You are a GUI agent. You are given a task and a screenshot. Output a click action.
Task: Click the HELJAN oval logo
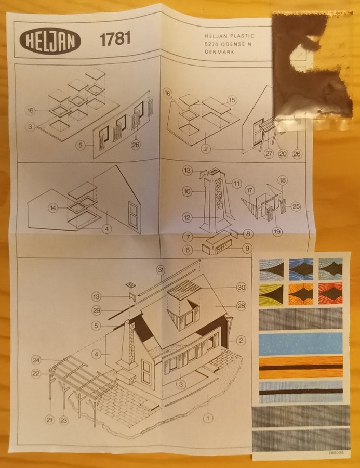click(x=50, y=40)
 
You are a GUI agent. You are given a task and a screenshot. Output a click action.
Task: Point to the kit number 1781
click(x=115, y=39)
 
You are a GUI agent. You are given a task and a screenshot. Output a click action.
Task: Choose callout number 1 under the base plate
click(x=208, y=418)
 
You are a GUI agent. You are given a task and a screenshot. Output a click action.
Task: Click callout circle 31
click(x=161, y=270)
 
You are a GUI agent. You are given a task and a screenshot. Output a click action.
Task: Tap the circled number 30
click(x=241, y=287)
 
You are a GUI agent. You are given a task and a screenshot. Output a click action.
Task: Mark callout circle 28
click(x=241, y=306)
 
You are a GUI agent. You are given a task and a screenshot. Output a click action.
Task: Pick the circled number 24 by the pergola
click(x=36, y=360)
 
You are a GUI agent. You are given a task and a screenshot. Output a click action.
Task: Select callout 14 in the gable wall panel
click(x=53, y=207)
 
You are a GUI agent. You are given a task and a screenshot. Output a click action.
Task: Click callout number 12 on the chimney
click(x=187, y=217)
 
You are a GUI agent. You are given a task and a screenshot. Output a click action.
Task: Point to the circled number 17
click(x=249, y=190)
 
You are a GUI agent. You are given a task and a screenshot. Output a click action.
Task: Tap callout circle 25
click(x=296, y=206)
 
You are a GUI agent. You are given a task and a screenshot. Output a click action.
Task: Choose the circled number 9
click(x=247, y=248)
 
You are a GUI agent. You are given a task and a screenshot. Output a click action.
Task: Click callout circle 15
click(x=232, y=100)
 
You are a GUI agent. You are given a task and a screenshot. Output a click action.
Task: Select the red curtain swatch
click(x=330, y=294)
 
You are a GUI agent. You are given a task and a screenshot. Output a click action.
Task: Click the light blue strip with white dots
click(x=300, y=344)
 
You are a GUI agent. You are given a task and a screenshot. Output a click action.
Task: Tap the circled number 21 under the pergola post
click(x=50, y=420)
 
